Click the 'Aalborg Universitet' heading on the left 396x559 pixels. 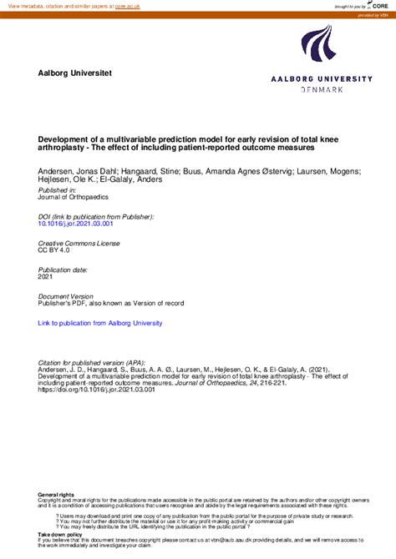tap(75, 73)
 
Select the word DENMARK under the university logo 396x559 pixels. tap(321, 89)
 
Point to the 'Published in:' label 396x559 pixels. tap(58, 190)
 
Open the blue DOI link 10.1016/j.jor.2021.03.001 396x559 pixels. tap(75, 224)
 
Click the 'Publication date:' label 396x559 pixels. tap(63, 269)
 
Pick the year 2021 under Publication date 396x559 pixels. tap(46, 277)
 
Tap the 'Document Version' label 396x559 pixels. tap(66, 296)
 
